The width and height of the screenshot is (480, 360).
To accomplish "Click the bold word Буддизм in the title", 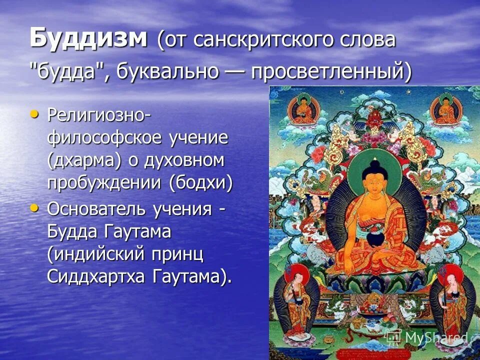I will click(88, 39).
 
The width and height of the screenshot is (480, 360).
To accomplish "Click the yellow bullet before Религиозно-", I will click(34, 114).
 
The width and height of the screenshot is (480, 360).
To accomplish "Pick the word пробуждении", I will click(104, 183).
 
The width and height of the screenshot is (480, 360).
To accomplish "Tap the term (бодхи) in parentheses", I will click(201, 183).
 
